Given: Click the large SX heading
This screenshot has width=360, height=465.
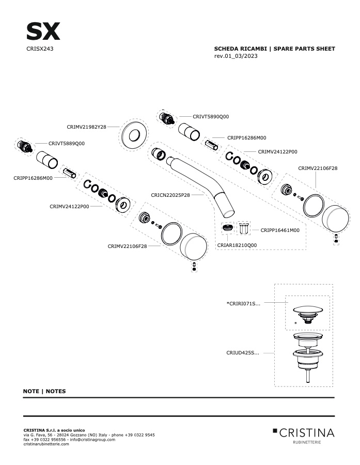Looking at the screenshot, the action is pos(43,31).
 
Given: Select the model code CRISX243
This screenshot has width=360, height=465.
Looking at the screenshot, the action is pos(40,49).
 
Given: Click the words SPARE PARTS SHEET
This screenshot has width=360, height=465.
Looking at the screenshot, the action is pos(304,49).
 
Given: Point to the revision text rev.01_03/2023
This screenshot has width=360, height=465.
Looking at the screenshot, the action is pos(236,56).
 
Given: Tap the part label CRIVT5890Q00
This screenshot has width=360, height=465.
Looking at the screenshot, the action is pos(211,117).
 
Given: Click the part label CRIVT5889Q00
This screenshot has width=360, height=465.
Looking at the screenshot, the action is pos(67,144).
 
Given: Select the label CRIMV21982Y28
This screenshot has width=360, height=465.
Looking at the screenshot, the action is pos(86,127).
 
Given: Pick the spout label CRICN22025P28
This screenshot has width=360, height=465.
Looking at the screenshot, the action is pos(170,195).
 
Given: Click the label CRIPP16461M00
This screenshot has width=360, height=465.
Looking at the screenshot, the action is pos(280,230).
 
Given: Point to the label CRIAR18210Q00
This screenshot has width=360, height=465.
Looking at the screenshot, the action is pos(237,245).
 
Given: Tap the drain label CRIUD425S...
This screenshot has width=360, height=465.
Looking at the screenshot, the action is pos(243,353).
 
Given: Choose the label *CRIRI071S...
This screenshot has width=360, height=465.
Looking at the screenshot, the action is pos(243,303).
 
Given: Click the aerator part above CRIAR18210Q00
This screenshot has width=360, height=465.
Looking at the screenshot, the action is pos(227,228).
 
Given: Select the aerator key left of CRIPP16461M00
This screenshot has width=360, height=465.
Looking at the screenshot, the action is pos(243,228).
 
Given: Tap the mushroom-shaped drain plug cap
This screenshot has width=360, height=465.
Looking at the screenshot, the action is pos(308,310).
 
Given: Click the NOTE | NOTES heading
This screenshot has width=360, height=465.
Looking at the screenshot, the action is pos(44,391).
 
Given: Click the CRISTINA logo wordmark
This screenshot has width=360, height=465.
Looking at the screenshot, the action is pos(307,432).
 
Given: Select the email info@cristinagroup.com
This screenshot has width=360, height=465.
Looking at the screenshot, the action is pos(92,440).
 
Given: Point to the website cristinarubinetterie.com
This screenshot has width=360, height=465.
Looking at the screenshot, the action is pos(46,444).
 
